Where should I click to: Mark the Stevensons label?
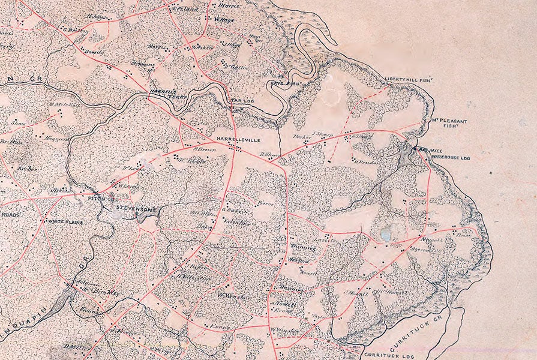(139, 209)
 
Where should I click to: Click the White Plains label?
(65, 222)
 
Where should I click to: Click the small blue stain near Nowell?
(385, 235)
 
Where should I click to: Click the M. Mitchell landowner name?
(64, 105)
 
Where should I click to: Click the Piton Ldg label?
(101, 197)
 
